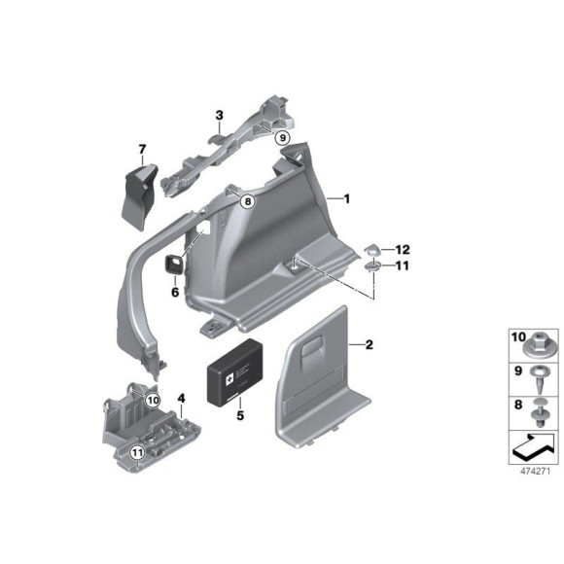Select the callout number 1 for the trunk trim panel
click(345, 197)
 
